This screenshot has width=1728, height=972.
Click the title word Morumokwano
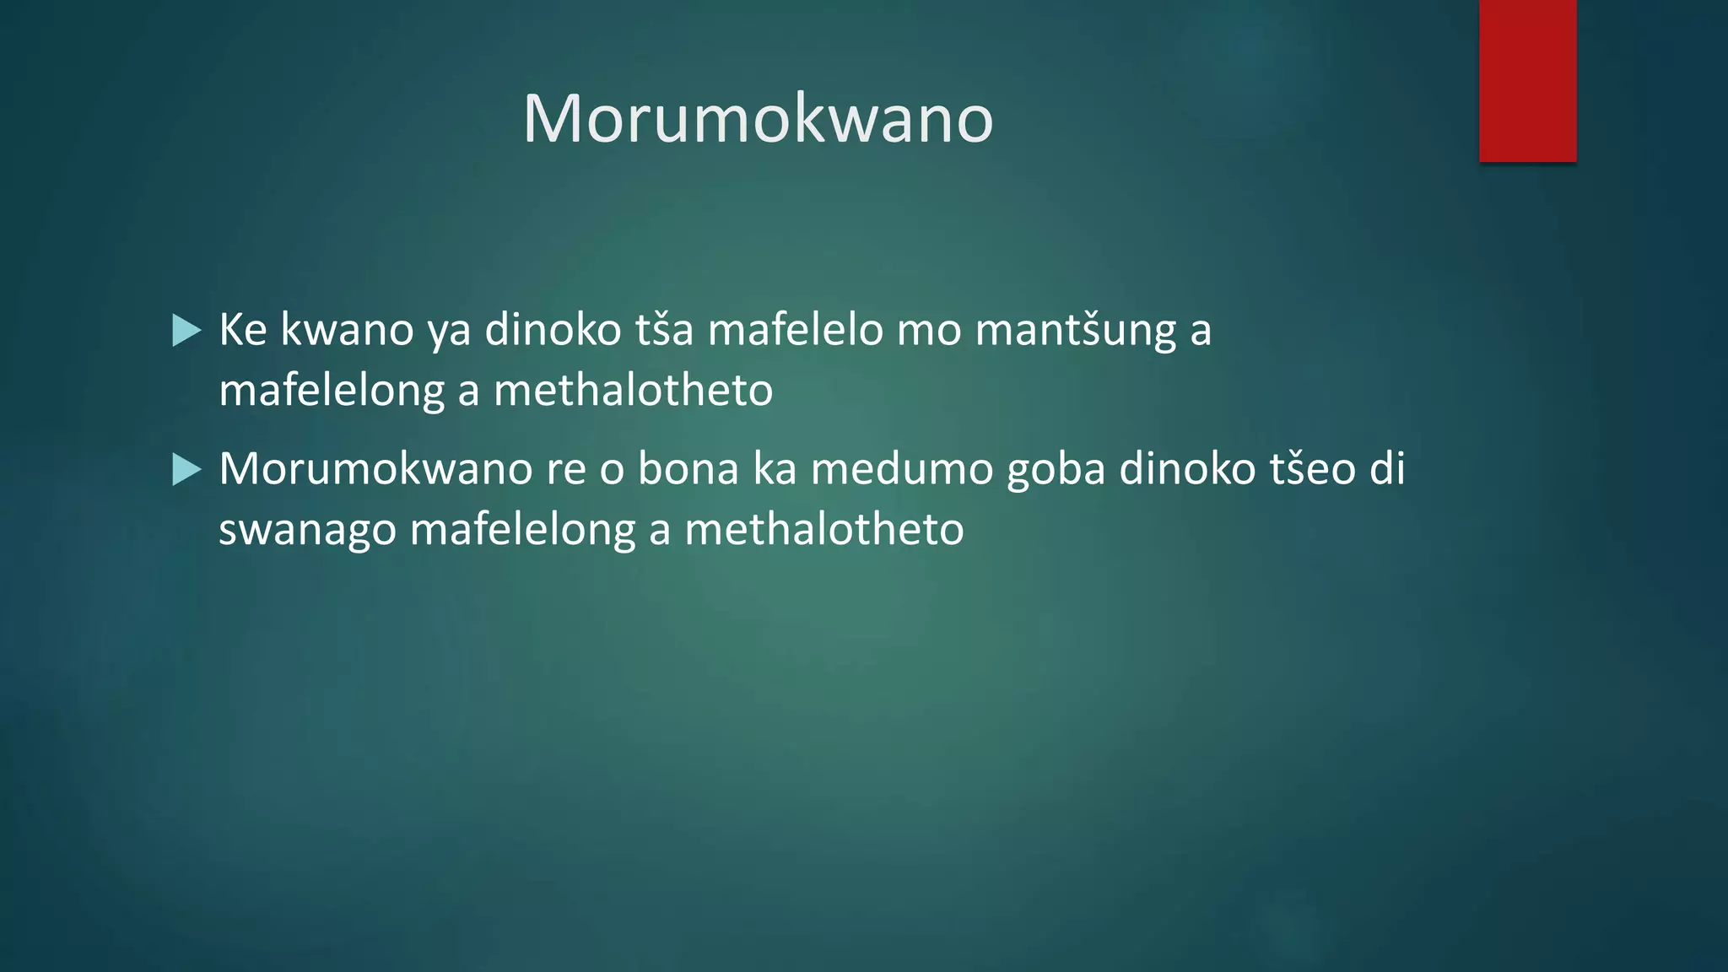pyautogui.click(x=758, y=119)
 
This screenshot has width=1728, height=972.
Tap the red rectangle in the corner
pyautogui.click(x=1527, y=81)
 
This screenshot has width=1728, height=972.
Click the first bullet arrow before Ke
pyautogui.click(x=186, y=330)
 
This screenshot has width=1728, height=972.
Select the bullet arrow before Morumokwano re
pyautogui.click(x=186, y=469)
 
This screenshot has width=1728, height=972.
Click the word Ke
pyautogui.click(x=243, y=329)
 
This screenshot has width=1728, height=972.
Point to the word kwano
pyautogui.click(x=347, y=329)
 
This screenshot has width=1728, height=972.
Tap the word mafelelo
pyautogui.click(x=795, y=329)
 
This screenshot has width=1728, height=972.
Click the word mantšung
pyautogui.click(x=1076, y=331)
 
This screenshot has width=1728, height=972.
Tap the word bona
pyautogui.click(x=688, y=468)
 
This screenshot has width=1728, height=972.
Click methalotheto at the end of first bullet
pyautogui.click(x=633, y=391)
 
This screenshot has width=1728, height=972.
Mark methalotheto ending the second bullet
pyautogui.click(x=823, y=530)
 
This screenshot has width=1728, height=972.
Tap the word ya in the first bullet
pyautogui.click(x=449, y=331)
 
